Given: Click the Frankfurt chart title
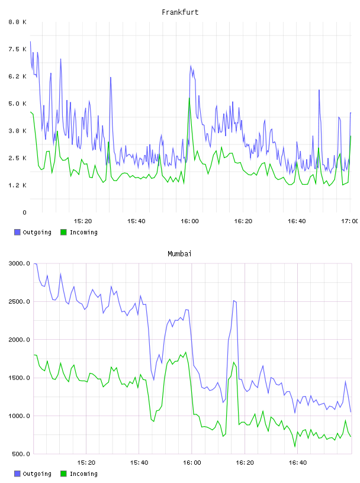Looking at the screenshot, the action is coord(180,12).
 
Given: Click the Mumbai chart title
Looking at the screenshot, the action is coord(179,253).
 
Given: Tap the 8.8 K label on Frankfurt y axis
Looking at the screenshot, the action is coord(18,22).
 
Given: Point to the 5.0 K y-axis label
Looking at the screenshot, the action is coord(18,104).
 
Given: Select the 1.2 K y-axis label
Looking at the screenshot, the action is coord(18,185).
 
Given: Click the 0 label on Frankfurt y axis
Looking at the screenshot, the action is coord(24,212).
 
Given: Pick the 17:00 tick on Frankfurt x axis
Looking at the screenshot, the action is coord(350,221).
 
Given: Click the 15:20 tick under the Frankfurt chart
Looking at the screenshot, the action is coord(83,221).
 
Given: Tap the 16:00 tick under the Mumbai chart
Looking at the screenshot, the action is coord(192,462).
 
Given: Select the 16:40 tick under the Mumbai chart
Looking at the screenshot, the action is coord(298,462).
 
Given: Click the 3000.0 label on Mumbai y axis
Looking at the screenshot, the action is coord(19,263).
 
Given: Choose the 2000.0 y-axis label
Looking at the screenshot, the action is coord(19,339).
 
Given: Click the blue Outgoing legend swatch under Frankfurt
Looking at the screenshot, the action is coord(17,232).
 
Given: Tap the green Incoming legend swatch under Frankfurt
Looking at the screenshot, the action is coord(63,232).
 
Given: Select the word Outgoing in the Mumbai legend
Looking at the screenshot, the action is coord(37,474).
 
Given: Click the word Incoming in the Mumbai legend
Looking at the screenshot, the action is coord(83,474).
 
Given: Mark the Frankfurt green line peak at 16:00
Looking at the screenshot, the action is coord(189,98).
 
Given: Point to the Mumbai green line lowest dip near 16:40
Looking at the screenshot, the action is coord(295,446).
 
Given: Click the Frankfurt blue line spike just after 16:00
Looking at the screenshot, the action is coord(191,66).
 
